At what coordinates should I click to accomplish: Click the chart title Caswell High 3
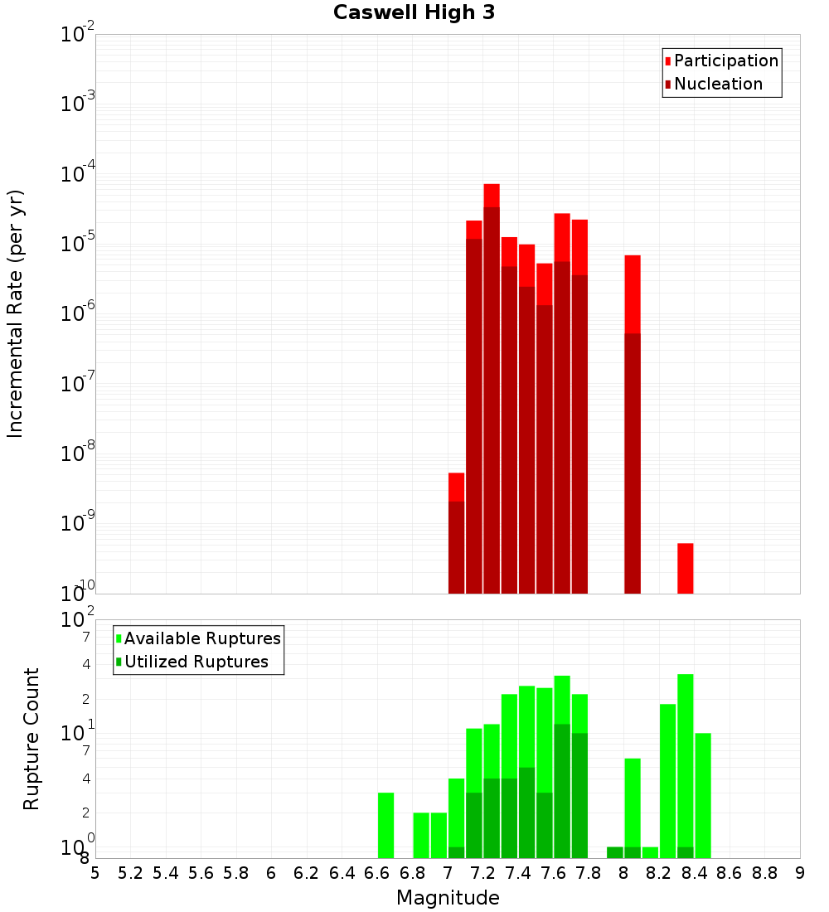[414, 12]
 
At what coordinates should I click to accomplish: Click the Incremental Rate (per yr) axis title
[16, 313]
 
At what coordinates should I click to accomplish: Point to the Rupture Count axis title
[32, 739]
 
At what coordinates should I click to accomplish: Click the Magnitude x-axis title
[448, 898]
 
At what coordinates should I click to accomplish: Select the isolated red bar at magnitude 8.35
[685, 568]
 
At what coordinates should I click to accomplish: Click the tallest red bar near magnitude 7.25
[492, 390]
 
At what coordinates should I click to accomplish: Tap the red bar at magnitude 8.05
[633, 423]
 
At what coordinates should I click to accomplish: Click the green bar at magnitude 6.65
[385, 825]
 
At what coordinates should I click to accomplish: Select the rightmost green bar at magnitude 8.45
[703, 796]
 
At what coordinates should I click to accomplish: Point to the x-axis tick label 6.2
[306, 873]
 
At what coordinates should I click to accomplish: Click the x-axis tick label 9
[800, 873]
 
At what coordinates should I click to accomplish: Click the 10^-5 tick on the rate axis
[78, 244]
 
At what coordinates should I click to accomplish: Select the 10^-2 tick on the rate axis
[78, 35]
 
